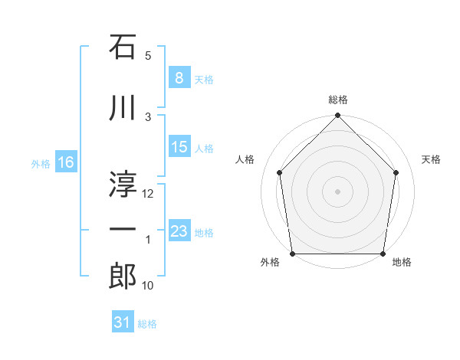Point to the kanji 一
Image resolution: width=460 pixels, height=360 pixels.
pos(123,229)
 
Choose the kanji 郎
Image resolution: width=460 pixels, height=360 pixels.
pos(123,275)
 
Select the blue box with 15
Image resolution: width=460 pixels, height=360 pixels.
pos(179,147)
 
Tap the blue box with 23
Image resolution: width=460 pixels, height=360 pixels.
pos(179,231)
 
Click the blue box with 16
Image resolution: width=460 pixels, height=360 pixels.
pos(65,162)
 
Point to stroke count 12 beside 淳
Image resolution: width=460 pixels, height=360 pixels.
pos(149,194)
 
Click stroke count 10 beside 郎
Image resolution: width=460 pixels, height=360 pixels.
pos(149,286)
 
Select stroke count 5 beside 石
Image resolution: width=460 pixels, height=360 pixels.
pos(149,56)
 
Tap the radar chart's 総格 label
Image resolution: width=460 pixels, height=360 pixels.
pos(338,100)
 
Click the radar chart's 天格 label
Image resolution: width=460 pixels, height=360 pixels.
pos(432,159)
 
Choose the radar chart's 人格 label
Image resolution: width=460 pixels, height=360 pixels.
pos(245,159)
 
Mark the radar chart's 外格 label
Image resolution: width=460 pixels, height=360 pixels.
pos(269,263)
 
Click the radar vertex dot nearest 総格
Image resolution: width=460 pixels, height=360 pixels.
pos(338,116)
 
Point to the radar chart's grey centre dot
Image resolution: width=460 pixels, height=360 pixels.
pos(338,191)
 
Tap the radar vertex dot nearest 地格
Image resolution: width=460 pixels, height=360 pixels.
pos(383,254)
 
